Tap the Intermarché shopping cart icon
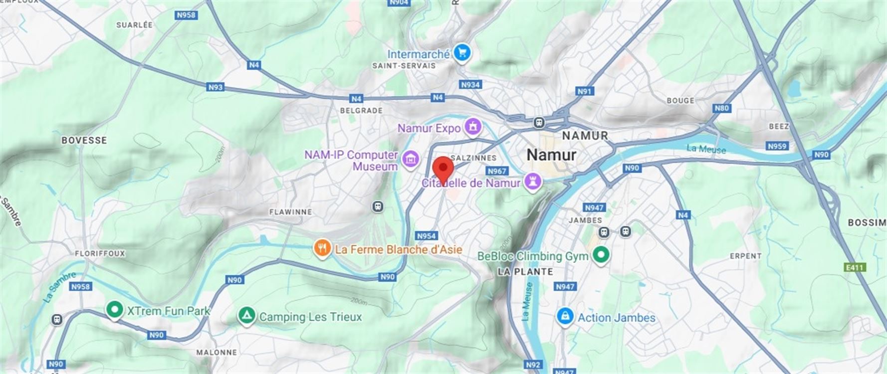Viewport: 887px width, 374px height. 462,53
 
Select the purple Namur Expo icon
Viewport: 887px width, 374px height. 473,127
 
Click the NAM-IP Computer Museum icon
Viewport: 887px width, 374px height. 411,160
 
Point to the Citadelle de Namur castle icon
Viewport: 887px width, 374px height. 533,182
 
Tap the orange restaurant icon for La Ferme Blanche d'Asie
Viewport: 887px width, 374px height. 322,248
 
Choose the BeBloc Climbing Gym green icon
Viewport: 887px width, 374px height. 601,255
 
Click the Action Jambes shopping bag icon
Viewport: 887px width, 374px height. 565,317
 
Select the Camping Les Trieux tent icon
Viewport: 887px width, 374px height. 246,316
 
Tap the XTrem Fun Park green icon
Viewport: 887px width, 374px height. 115,310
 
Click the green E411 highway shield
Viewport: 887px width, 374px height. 854,268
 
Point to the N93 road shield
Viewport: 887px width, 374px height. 215,87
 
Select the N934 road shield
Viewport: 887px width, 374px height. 470,85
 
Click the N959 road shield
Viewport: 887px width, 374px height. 777,146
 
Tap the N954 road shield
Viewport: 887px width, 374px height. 426,236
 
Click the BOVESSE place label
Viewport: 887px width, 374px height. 84,141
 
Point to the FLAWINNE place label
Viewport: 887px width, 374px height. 290,212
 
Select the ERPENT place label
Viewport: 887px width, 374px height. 745,256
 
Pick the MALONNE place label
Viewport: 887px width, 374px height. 216,352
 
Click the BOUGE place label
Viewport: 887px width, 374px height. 680,101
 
